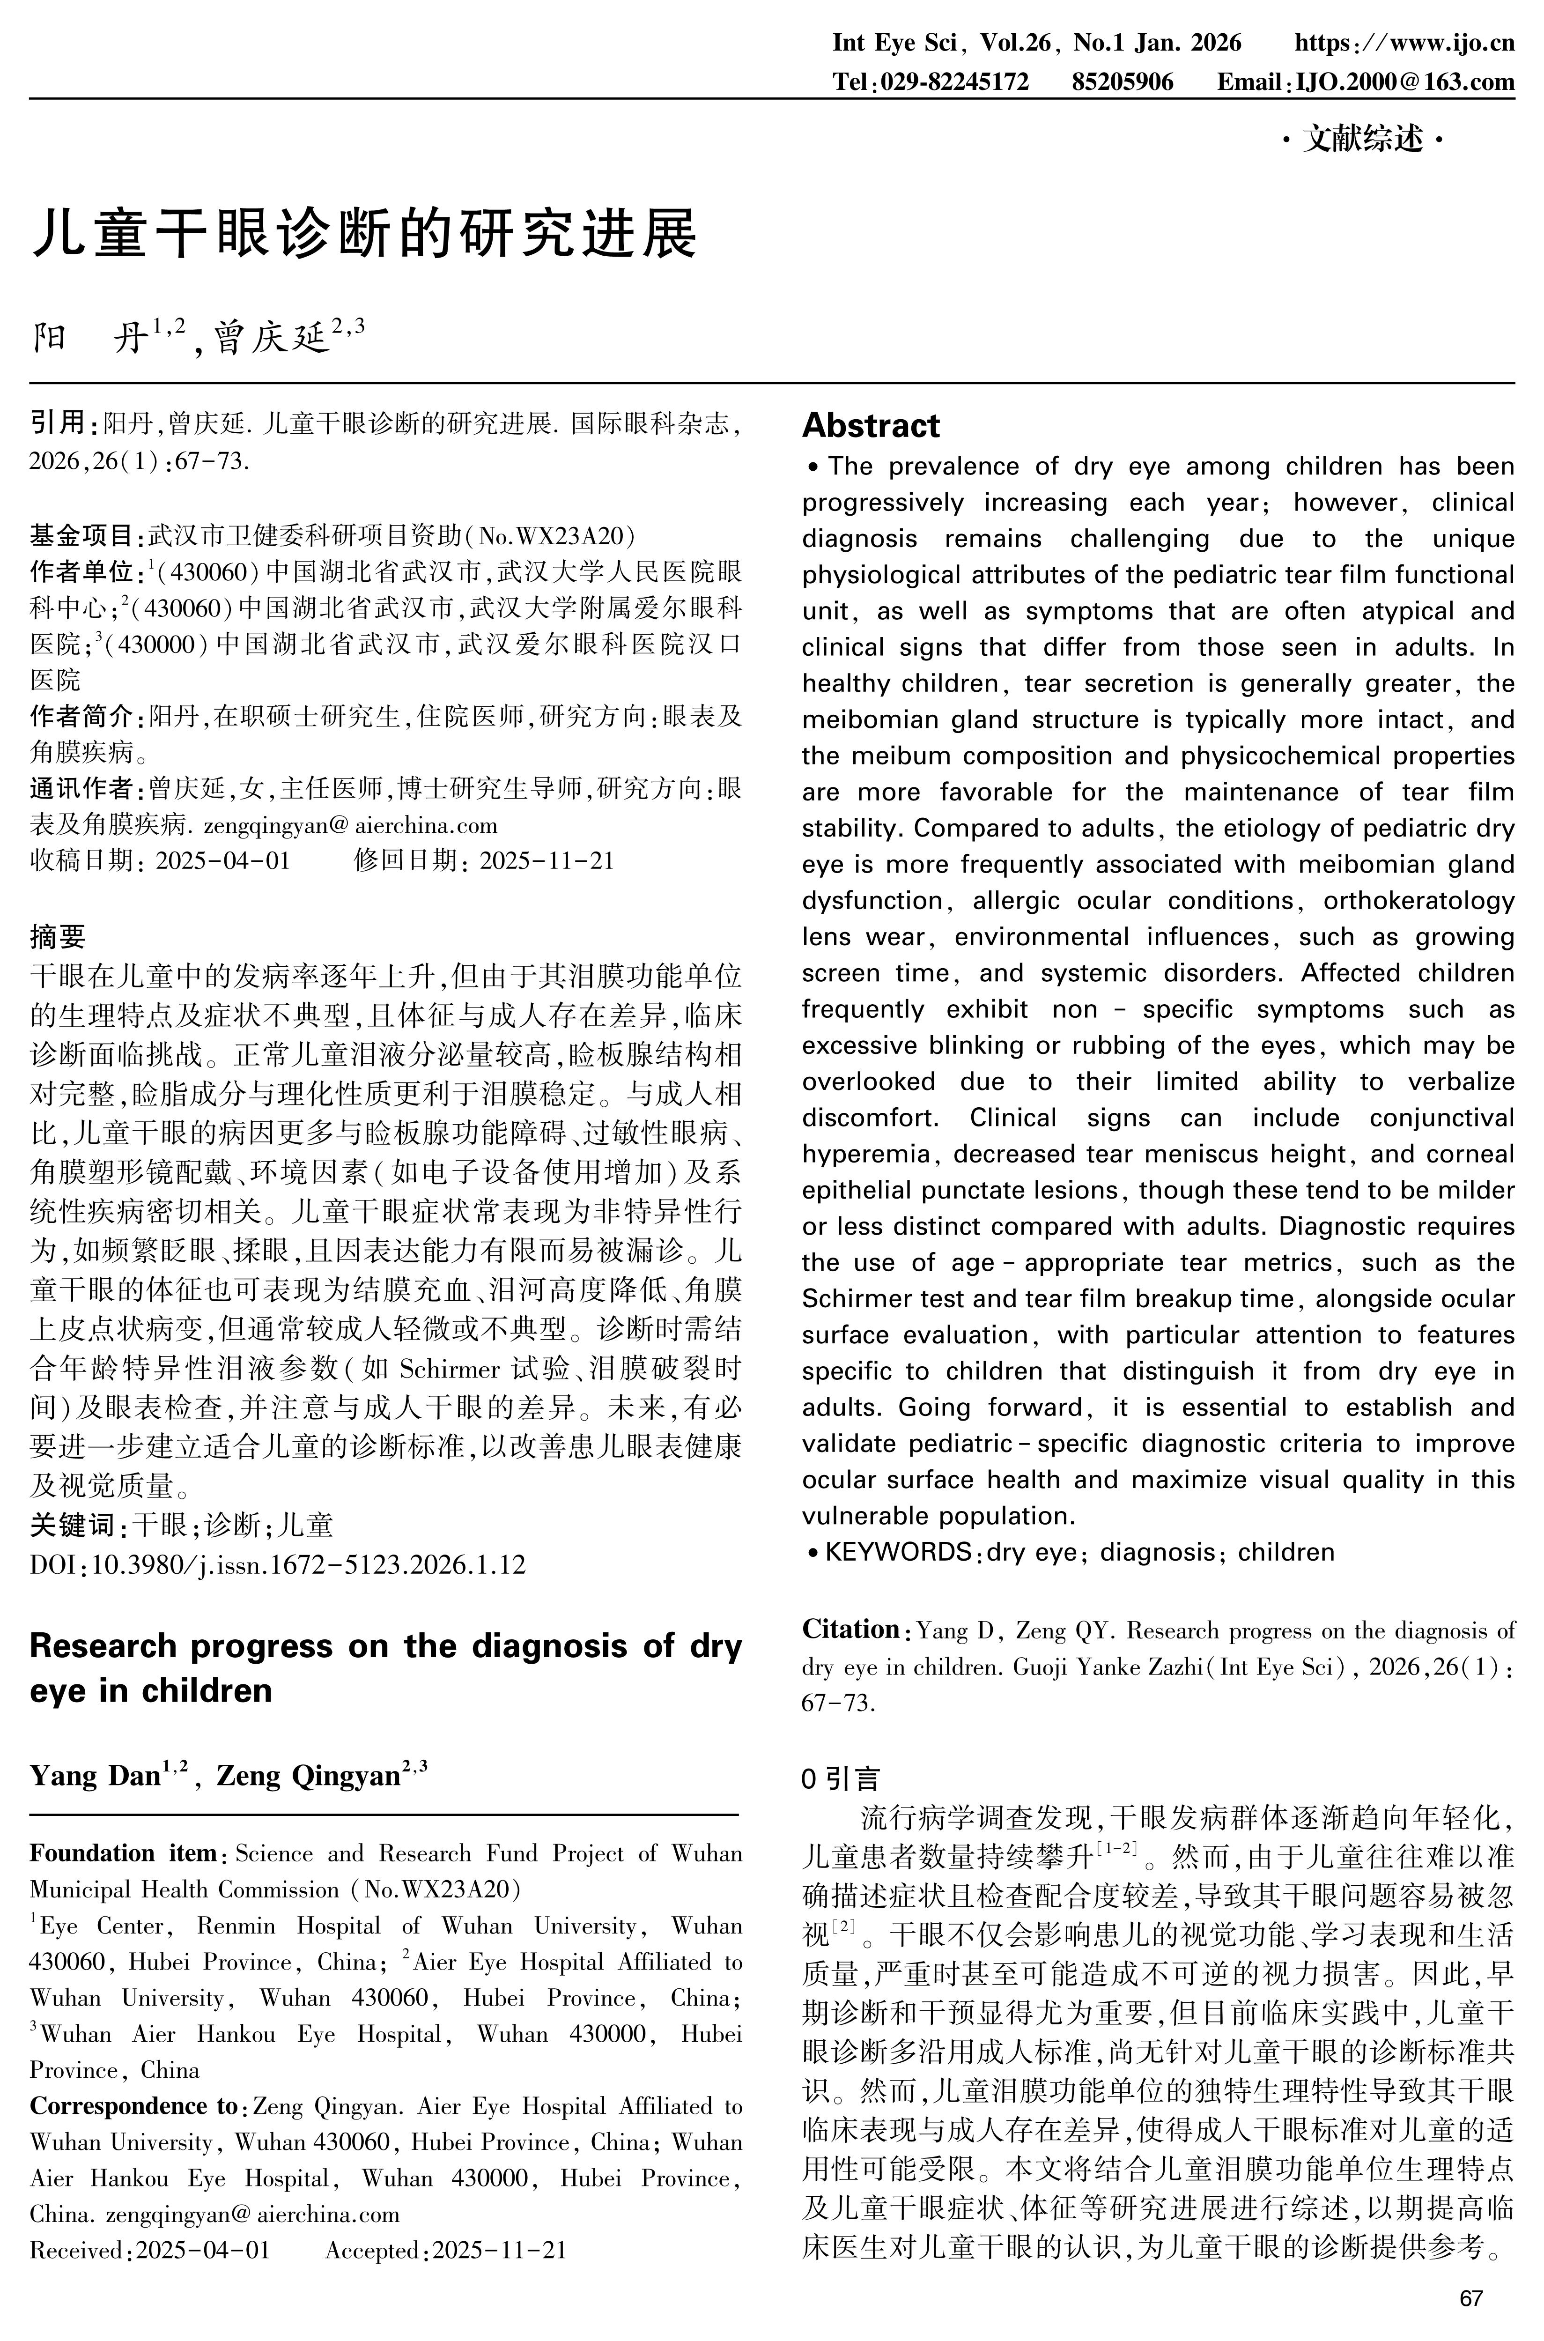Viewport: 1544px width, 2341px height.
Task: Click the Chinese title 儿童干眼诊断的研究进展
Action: coord(364,234)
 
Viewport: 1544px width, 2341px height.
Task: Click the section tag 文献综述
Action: coord(1364,141)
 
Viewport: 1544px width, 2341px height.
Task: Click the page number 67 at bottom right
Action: coord(1470,2299)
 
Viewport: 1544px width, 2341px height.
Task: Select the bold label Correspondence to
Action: coord(133,2105)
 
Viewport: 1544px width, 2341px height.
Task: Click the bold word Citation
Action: coord(850,1630)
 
